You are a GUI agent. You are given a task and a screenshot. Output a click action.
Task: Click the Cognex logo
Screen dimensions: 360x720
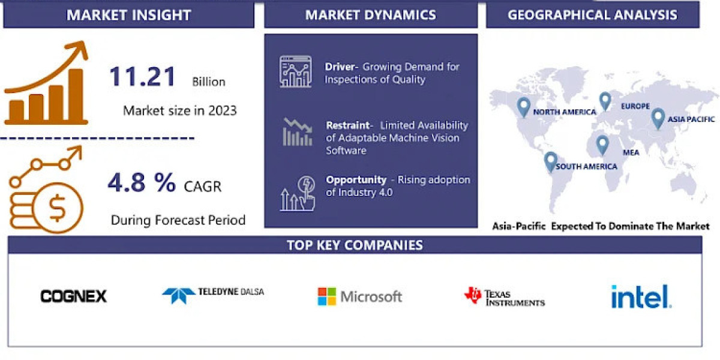[x=73, y=296]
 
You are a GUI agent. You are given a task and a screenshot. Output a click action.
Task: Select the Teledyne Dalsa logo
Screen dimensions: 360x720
[x=212, y=293]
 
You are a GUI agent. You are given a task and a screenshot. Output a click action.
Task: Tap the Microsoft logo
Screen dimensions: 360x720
[x=359, y=296]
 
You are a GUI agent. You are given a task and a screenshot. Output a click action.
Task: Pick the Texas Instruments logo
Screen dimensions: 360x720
[x=504, y=296]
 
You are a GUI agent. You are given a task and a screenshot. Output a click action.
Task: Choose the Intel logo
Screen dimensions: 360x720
[x=640, y=296]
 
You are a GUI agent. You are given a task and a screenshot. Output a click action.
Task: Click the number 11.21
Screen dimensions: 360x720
[x=143, y=77]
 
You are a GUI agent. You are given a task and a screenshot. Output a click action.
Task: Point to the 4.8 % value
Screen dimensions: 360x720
[x=142, y=182]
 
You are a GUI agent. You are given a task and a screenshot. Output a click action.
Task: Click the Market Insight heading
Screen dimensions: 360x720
[x=128, y=15]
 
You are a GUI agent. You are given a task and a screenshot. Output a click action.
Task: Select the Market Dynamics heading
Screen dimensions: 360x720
[x=371, y=15]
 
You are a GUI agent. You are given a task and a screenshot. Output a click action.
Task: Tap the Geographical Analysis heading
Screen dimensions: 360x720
[x=592, y=15]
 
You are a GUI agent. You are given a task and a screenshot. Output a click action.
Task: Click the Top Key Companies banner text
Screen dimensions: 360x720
[x=355, y=245]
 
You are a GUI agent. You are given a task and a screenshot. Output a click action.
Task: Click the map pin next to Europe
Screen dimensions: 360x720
[x=605, y=101]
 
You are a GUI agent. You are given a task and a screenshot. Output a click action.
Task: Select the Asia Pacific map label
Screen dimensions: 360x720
[x=691, y=119]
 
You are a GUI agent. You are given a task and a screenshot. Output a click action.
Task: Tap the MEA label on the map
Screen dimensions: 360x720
[x=631, y=152]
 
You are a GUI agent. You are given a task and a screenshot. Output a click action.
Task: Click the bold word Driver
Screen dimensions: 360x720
[x=340, y=67]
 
